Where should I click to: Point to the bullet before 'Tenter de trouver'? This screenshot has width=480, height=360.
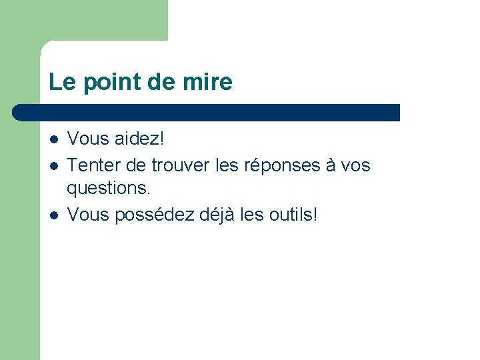53,165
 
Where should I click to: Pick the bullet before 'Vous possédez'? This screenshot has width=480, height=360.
53,215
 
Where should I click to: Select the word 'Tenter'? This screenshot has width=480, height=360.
93,165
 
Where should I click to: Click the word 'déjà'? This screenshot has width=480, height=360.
215,215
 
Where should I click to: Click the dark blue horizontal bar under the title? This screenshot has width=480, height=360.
207,113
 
